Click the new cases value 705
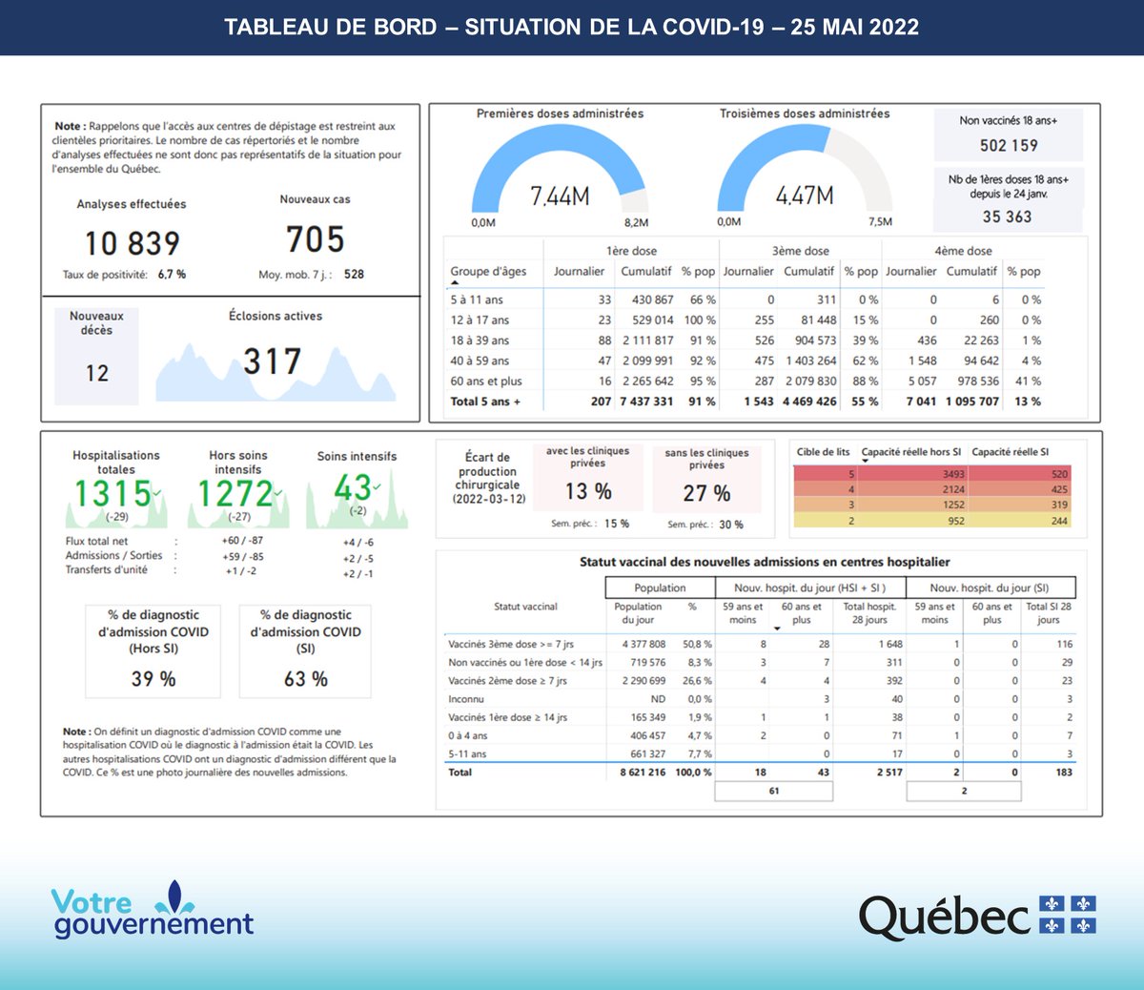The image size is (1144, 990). point(315,238)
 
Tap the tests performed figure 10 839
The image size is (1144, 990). point(133,243)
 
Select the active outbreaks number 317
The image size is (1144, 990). point(273,361)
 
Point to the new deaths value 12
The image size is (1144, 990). point(97,373)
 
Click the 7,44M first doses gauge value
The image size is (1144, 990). point(560,196)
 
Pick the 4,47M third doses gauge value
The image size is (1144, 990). point(805,196)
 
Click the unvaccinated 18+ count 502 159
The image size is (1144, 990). point(1009,145)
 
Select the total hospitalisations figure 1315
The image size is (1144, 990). point(113,493)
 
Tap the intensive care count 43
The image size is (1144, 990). point(352,488)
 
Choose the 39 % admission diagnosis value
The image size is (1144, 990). point(153,679)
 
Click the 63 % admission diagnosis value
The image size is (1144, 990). point(306,679)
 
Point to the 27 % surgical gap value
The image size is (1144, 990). point(706,493)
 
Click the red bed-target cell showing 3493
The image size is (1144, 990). point(953,474)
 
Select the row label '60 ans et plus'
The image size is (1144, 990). point(486,382)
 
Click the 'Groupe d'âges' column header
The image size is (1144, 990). point(488,271)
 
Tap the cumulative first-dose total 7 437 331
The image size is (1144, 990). point(646,402)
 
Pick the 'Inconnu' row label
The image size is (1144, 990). point(466,699)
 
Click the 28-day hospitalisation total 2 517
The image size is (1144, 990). point(889,773)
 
